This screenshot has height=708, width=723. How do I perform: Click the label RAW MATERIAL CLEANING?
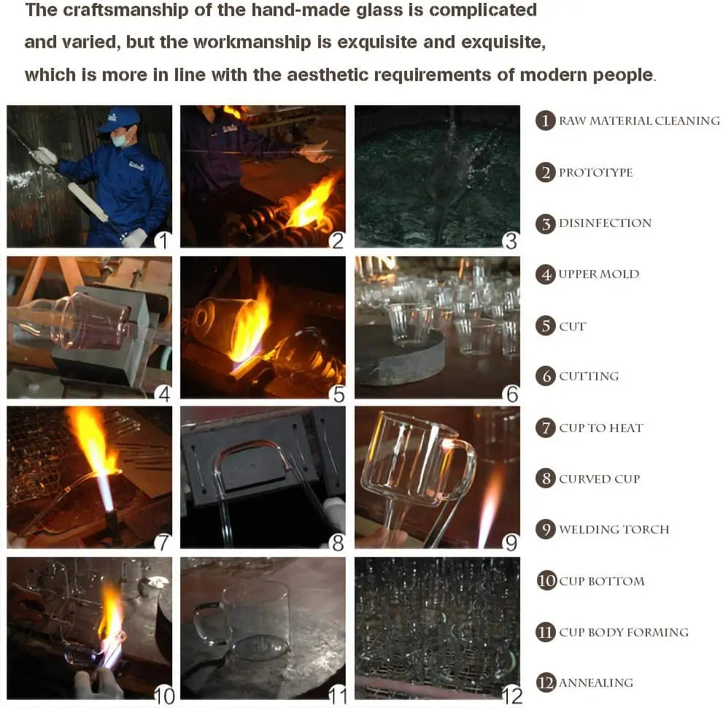[639, 121]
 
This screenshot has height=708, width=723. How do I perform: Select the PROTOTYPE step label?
[596, 172]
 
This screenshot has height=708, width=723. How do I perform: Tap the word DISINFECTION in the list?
[605, 223]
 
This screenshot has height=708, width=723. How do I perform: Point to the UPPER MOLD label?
[598, 274]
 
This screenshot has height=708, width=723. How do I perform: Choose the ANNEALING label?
[596, 682]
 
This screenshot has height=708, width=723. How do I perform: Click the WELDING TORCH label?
[614, 529]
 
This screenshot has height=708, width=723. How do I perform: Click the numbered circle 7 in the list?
[546, 428]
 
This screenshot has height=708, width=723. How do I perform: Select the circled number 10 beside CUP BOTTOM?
[546, 580]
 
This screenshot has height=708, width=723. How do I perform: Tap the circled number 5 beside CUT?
[546, 326]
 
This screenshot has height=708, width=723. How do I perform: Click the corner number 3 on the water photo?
[511, 241]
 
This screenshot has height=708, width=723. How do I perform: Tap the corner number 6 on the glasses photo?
[512, 394]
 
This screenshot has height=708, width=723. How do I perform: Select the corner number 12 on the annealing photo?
[512, 696]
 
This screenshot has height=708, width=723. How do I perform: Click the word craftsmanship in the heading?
[125, 10]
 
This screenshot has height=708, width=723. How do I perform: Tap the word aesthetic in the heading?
[328, 74]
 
